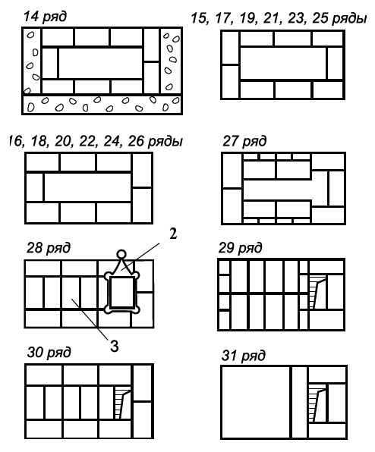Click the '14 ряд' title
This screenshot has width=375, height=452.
(45, 17)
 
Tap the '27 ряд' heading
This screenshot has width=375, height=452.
(244, 141)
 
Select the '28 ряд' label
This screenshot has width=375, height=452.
(49, 248)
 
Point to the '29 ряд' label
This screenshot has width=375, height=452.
(241, 248)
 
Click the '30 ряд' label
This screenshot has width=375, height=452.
(49, 352)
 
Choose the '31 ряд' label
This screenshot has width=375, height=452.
(243, 356)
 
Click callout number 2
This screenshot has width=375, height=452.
(173, 234)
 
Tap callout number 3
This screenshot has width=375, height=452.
(115, 346)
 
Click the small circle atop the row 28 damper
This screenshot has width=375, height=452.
(121, 254)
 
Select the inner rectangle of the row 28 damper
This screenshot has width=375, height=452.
(121, 292)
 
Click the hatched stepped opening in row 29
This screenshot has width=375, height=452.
(317, 292)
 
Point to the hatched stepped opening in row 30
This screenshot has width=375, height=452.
(122, 403)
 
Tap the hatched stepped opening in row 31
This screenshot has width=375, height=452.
(317, 403)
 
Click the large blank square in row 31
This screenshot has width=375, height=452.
(256, 402)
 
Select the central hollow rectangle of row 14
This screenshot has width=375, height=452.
(101, 63)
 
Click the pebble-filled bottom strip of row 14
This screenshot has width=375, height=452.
(102, 104)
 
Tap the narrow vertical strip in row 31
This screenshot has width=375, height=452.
(299, 402)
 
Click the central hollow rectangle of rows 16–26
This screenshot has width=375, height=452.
(87, 187)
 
